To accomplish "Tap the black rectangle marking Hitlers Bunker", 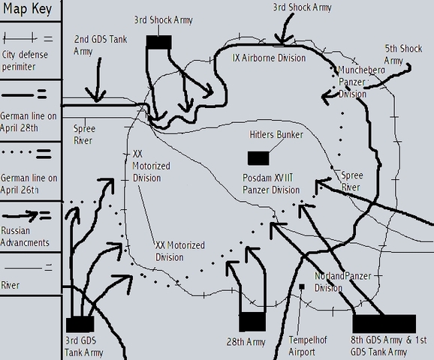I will click(x=258, y=157).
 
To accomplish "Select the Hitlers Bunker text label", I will click(x=276, y=135).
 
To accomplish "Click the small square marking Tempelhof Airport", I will click(x=301, y=286).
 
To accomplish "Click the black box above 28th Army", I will click(x=253, y=322).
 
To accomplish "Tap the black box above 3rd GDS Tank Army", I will click(x=80, y=324).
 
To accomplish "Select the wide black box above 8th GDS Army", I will click(x=384, y=323).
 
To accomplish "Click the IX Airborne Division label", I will click(x=269, y=58).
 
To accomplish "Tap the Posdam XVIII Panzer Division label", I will click(x=267, y=184).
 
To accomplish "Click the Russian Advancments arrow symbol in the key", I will click(x=29, y=217).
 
